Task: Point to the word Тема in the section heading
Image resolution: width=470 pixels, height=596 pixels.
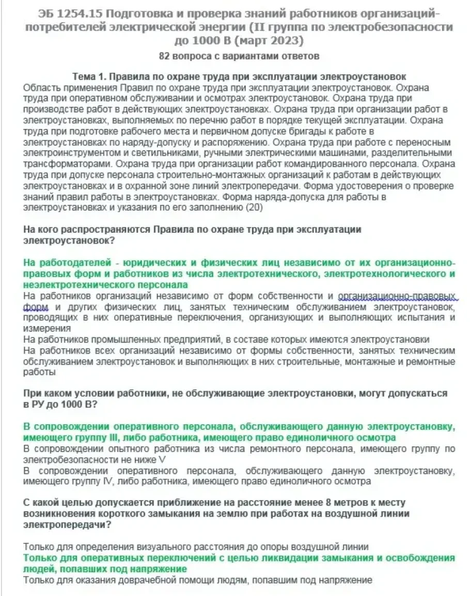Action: (x=84, y=76)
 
